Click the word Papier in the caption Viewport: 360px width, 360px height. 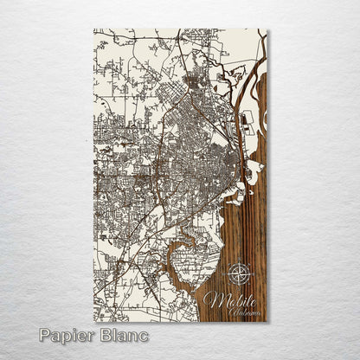click(67, 335)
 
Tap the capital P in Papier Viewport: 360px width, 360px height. click(45, 335)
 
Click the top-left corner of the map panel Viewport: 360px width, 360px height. click(94, 30)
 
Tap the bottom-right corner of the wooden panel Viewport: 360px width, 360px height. click(267, 321)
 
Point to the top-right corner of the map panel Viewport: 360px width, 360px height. click(267, 30)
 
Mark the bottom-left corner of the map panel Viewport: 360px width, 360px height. click(94, 321)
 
